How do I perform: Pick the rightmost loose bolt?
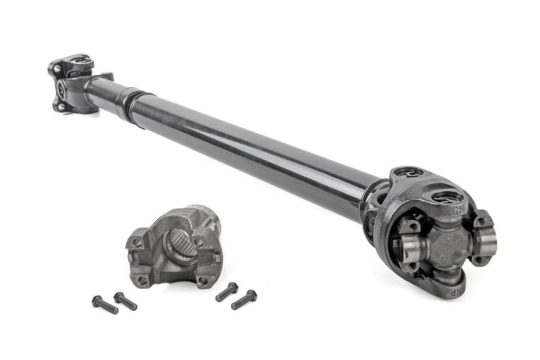(244, 299)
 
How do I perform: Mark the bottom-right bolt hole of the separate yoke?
(202, 281)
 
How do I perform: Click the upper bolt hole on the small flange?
(57, 69)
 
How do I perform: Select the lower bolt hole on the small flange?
(59, 107)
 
